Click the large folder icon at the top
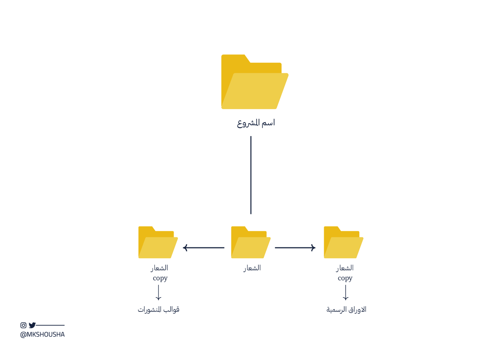(x=254, y=82)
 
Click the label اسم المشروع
(x=256, y=123)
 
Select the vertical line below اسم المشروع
(x=251, y=175)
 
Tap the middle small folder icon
(x=251, y=243)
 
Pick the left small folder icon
(x=158, y=243)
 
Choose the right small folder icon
(x=343, y=243)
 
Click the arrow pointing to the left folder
(x=204, y=248)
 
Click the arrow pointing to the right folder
(x=295, y=248)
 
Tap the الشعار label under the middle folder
(x=252, y=268)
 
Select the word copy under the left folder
(x=160, y=278)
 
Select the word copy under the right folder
(x=345, y=278)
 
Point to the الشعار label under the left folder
(x=159, y=268)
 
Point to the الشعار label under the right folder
(x=345, y=268)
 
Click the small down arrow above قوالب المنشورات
(x=159, y=293)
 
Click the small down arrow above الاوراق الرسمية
(x=346, y=293)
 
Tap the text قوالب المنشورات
(x=159, y=310)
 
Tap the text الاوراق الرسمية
(x=346, y=310)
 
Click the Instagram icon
(x=23, y=325)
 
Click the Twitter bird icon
(x=32, y=325)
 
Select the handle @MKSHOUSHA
(x=42, y=334)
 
